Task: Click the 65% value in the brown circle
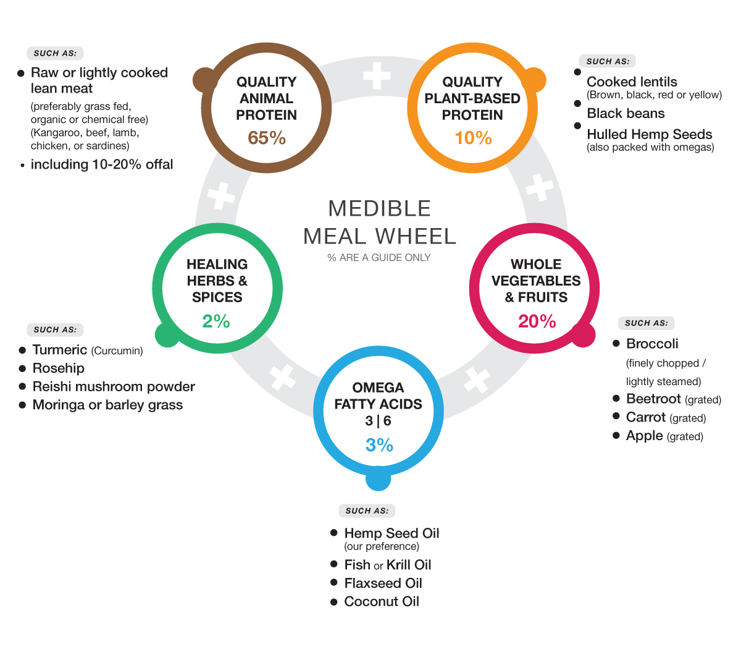tap(267, 138)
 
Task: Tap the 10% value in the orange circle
tap(473, 138)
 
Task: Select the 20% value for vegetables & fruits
tap(537, 321)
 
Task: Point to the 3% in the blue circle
tap(379, 445)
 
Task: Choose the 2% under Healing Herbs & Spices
tap(216, 321)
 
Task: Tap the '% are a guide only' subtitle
tap(379, 258)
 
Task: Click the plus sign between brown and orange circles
tap(377, 77)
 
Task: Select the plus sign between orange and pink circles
tap(539, 187)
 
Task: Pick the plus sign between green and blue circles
tap(282, 377)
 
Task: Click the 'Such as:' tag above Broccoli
tap(646, 323)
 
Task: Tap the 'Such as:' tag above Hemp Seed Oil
tap(367, 511)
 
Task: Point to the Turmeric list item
tap(60, 350)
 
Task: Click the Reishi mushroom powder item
tap(114, 387)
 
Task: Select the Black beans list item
tap(626, 114)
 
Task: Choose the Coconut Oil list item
tap(381, 602)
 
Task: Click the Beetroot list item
tap(653, 399)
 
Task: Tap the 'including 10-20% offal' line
tap(102, 165)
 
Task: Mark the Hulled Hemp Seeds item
tap(649, 135)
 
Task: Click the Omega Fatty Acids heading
tap(378, 396)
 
